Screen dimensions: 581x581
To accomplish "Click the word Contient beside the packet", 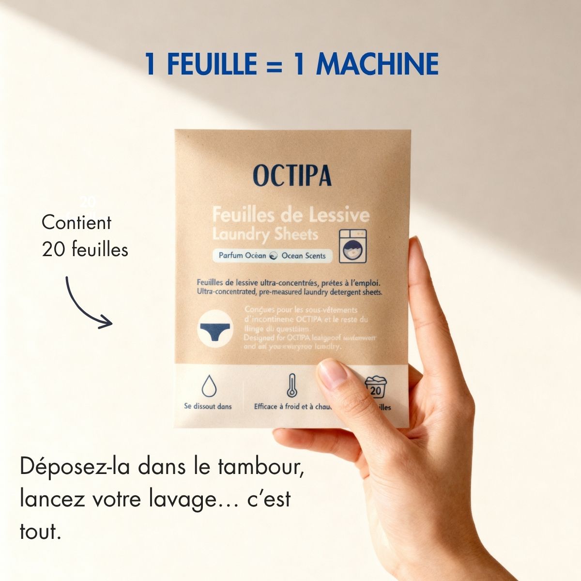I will pyautogui.click(x=76, y=223).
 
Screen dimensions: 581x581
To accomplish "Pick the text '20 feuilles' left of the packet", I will pyautogui.click(x=85, y=249).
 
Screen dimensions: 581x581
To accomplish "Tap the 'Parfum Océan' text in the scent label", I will pyautogui.click(x=242, y=256).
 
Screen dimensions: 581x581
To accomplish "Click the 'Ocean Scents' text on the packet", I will pyautogui.click(x=304, y=256).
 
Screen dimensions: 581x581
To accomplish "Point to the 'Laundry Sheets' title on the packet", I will pyautogui.click(x=265, y=234).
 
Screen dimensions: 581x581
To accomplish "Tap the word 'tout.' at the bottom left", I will pyautogui.click(x=41, y=531).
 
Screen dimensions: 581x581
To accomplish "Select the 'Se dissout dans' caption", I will pyautogui.click(x=208, y=407).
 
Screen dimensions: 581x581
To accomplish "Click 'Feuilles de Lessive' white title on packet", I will pyautogui.click(x=290, y=214).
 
